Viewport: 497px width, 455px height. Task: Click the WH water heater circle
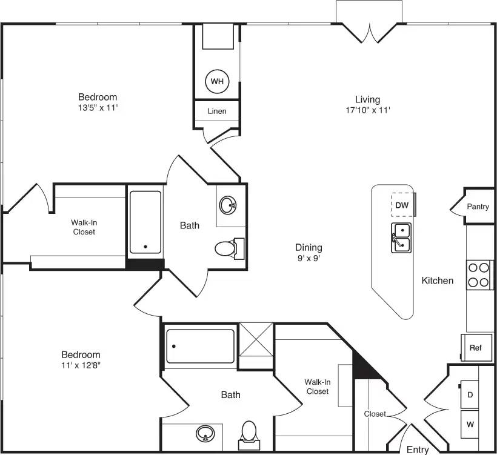point(217,81)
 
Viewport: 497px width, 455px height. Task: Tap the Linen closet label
point(217,111)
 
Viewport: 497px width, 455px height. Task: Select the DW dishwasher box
point(402,205)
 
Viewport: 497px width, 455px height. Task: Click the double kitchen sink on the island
point(401,237)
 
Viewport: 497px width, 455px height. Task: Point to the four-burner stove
point(479,274)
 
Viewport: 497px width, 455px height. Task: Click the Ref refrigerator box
point(476,348)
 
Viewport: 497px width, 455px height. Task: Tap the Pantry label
point(478,207)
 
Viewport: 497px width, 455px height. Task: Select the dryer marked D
point(470,394)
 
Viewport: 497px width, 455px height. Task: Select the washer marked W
point(470,425)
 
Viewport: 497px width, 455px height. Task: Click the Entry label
point(418,450)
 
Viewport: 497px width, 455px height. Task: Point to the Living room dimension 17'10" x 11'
point(367,110)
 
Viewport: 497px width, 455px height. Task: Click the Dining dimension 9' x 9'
point(309,258)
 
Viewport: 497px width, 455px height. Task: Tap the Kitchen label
point(437,281)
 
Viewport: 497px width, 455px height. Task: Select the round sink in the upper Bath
point(228,205)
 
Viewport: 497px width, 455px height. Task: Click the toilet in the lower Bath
point(249,433)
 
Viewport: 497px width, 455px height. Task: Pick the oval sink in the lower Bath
point(205,434)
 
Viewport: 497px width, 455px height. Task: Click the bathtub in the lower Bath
point(200,347)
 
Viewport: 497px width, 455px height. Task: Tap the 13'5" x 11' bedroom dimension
point(97,108)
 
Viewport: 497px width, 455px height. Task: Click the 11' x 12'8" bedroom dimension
point(81,365)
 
